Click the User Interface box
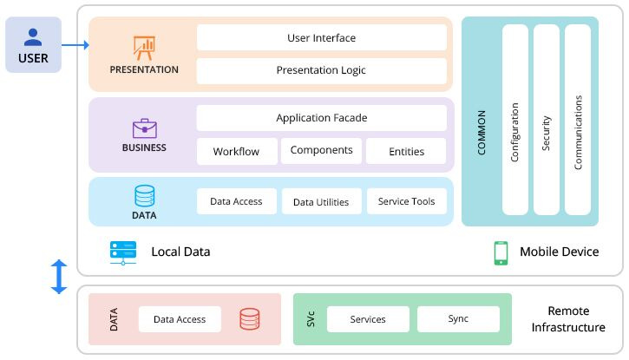[x=321, y=37]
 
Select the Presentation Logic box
[x=321, y=70]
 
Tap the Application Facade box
[x=321, y=118]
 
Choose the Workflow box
[x=236, y=151]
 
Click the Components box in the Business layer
[x=321, y=150]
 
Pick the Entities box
[x=406, y=151]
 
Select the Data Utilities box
[x=321, y=201]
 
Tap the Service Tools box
[x=406, y=201]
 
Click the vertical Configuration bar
[x=514, y=119]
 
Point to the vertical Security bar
[x=546, y=119]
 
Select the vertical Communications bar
[x=578, y=119]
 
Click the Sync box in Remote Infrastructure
[x=458, y=318]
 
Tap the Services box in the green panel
[x=368, y=318]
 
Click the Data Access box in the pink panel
[x=180, y=318]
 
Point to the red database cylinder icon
[x=250, y=318]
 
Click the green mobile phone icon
[x=501, y=252]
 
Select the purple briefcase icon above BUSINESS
[x=144, y=128]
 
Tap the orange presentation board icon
[x=143, y=47]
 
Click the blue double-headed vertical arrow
[x=59, y=276]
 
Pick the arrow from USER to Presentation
[x=75, y=45]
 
